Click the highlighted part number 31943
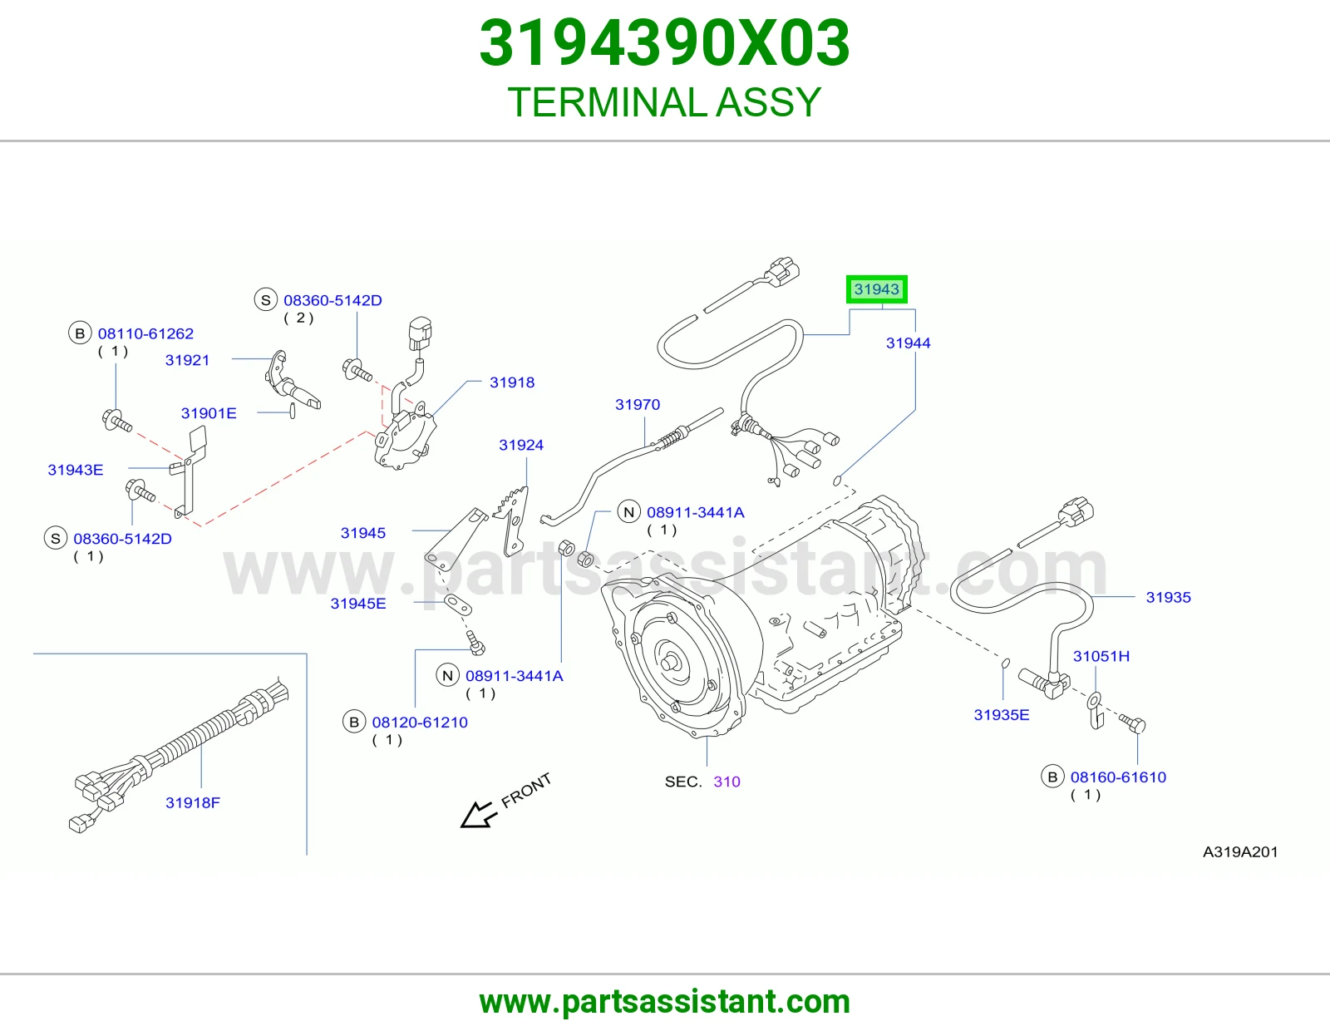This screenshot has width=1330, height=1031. (876, 289)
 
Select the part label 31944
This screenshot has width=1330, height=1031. (908, 343)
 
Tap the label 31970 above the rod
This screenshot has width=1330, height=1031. (637, 404)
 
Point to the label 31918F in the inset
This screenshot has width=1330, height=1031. (192, 802)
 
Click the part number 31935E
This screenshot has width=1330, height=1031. (1002, 714)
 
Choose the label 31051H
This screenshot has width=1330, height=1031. (1101, 656)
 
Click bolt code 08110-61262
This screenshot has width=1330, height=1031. (145, 333)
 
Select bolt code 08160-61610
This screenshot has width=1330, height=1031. (1118, 777)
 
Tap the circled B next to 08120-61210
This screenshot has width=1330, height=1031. (354, 723)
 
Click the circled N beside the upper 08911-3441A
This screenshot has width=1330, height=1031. (628, 512)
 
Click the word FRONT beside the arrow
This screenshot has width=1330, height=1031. (525, 790)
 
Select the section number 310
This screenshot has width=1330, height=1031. (727, 782)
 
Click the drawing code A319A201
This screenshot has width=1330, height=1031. (1240, 851)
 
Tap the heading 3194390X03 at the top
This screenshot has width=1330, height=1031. (665, 43)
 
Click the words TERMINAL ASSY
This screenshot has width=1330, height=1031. (665, 102)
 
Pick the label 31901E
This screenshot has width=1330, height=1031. (208, 412)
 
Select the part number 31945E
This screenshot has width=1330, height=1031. (358, 603)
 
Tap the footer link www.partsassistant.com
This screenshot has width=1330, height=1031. (665, 1002)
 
